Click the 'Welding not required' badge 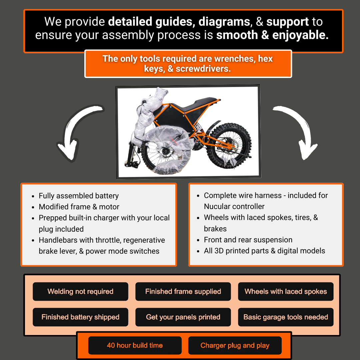coord(80,292)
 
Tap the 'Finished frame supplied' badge coord(183,292)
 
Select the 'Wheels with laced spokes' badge coord(286,292)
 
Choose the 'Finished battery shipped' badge coord(80,317)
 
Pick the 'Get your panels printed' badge coord(183,317)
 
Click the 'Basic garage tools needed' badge coord(286,317)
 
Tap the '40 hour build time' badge coord(135,345)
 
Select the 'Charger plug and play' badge coord(235,345)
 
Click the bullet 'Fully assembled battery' coord(79,196)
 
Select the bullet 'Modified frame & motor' coord(79,207)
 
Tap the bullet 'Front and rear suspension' coord(248,240)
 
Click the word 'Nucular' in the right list coord(218,206)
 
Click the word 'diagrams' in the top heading coord(224,22)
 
